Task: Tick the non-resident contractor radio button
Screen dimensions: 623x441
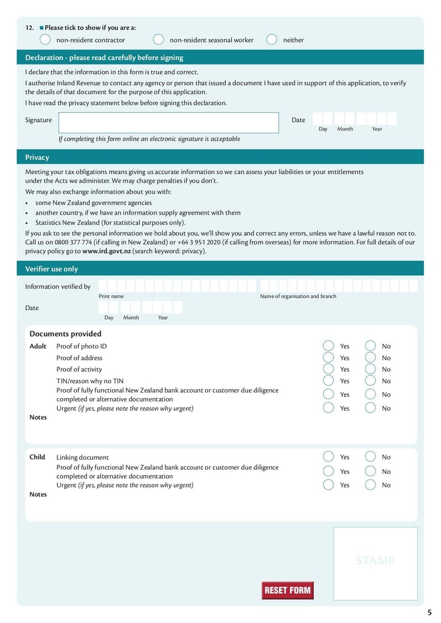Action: tap(45, 40)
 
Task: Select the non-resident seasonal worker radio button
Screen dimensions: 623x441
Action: tap(158, 40)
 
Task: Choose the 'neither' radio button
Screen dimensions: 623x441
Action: tap(272, 40)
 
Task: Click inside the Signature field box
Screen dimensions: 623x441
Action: tap(169, 122)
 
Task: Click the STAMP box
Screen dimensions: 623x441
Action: tap(375, 563)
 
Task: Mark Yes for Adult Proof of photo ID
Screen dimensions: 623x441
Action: tap(329, 346)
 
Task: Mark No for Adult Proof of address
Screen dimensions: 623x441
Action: tap(370, 358)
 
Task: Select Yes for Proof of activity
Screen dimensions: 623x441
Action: tap(329, 369)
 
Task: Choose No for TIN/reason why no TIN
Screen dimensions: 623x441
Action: tap(370, 381)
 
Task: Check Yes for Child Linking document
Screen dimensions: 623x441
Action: tap(329, 457)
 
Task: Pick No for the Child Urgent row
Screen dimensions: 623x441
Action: tap(370, 485)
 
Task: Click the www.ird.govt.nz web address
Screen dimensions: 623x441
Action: tap(106, 251)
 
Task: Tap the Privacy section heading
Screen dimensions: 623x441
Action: tap(37, 158)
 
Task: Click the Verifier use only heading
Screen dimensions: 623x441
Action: tap(51, 269)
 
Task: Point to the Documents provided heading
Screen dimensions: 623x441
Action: tap(65, 334)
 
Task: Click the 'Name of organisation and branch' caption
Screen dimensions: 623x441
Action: tap(298, 297)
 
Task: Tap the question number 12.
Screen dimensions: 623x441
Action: tap(30, 28)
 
